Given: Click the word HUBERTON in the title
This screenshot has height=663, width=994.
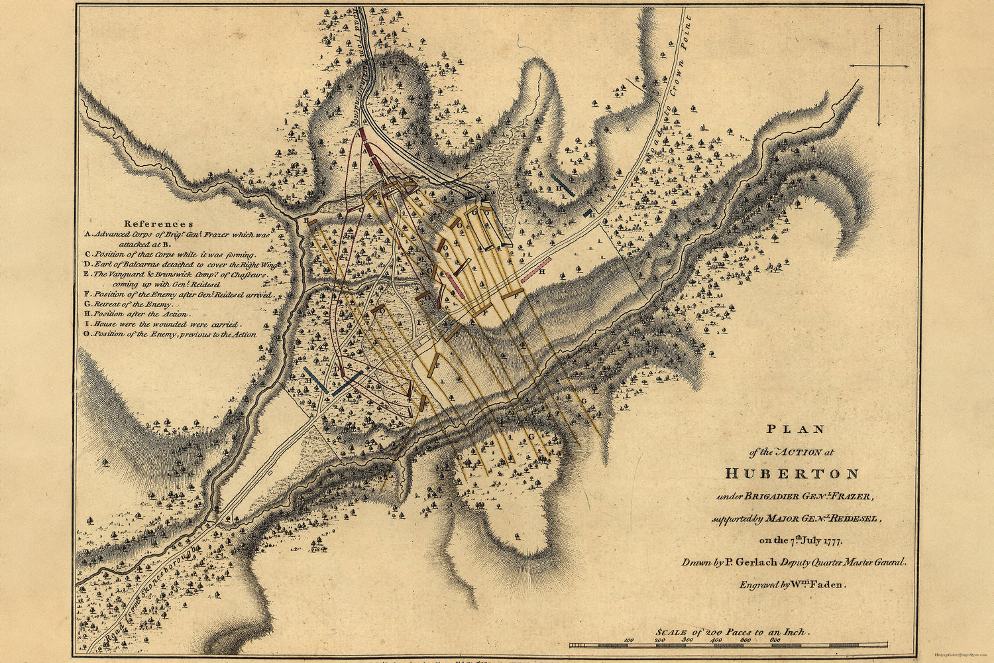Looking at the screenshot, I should tap(792, 474).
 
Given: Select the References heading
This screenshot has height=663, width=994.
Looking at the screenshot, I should tap(159, 224).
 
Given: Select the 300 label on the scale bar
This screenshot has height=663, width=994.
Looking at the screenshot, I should tap(687, 640).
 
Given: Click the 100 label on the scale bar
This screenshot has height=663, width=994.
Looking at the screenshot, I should tap(629, 640).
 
